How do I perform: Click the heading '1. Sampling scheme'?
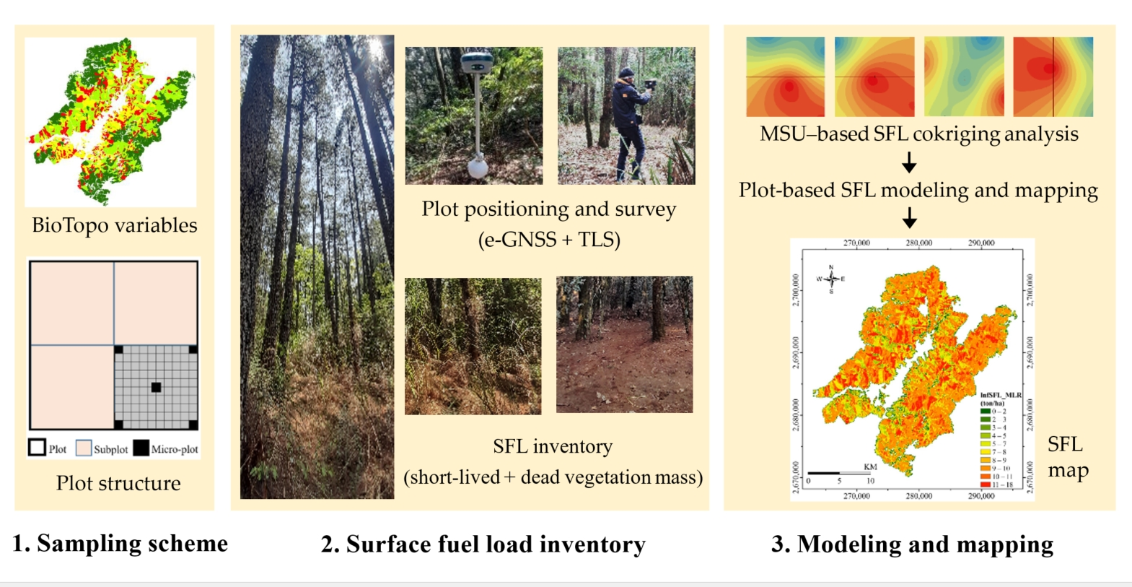tap(120, 543)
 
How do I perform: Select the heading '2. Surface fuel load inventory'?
tap(483, 544)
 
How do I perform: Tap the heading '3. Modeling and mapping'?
tap(912, 544)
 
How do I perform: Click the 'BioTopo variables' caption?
tap(114, 225)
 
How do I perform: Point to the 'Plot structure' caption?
tap(118, 483)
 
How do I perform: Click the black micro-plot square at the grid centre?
tap(156, 388)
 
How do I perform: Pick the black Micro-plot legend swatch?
tap(141, 448)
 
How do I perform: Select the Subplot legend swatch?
tap(84, 448)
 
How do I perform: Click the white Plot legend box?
tap(37, 448)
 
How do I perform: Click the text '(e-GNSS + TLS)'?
tap(549, 240)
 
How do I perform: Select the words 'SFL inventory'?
tap(553, 446)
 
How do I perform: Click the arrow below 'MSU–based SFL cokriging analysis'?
tap(909, 162)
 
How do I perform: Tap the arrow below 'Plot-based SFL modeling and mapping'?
tap(909, 217)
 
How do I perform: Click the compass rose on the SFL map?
tap(831, 279)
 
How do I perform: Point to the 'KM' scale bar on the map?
tap(841, 473)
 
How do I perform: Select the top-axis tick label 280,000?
tap(918, 243)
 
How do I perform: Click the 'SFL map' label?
tap(1067, 457)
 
